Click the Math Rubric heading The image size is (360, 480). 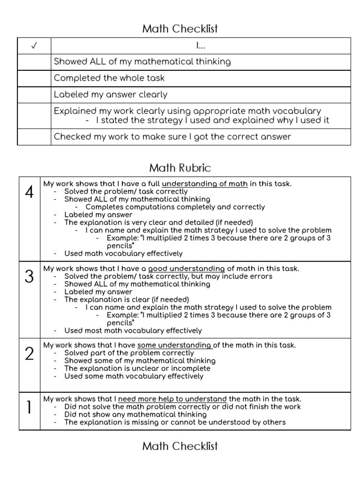coord(180,167)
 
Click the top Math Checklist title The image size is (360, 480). coord(180,29)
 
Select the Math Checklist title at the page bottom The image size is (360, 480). coord(180,446)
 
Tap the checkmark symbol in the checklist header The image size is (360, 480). coord(34,46)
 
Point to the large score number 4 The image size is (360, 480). coord(29,192)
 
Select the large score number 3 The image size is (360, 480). coord(29,277)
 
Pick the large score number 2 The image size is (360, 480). coord(29,354)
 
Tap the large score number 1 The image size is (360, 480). coord(29,408)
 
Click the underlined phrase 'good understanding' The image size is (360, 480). coord(187,269)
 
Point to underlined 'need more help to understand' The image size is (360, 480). coord(172,399)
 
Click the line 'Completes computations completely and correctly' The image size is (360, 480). coord(175,207)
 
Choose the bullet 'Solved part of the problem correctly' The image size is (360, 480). coord(129,353)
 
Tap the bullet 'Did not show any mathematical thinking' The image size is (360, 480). coord(135,414)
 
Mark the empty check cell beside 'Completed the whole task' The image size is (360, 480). coord(34,78)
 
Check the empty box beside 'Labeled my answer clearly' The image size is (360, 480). coord(34,95)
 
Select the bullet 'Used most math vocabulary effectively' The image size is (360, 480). coord(133,330)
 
